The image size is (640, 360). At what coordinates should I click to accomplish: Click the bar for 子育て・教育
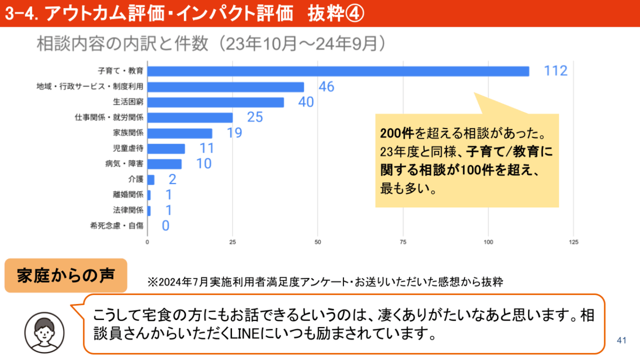point(338,71)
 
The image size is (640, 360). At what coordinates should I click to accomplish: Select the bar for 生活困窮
point(215,102)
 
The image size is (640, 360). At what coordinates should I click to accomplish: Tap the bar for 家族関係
point(180,133)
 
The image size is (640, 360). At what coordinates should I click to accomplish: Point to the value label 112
point(556,71)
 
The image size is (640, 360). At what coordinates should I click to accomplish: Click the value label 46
point(326,87)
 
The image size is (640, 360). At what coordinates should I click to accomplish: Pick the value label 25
point(255,117)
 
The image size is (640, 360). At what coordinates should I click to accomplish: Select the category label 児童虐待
point(129,148)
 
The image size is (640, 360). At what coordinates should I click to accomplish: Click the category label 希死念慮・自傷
point(117,226)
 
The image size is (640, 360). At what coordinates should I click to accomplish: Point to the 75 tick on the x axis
point(403,242)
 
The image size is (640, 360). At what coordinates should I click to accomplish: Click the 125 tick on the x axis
point(573,242)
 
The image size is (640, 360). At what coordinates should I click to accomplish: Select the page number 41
point(621,340)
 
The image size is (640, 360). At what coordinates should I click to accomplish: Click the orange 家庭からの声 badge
point(66,276)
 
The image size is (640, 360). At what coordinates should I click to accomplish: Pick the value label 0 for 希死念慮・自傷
point(165,226)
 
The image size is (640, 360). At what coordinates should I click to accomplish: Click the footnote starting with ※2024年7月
point(325,281)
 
